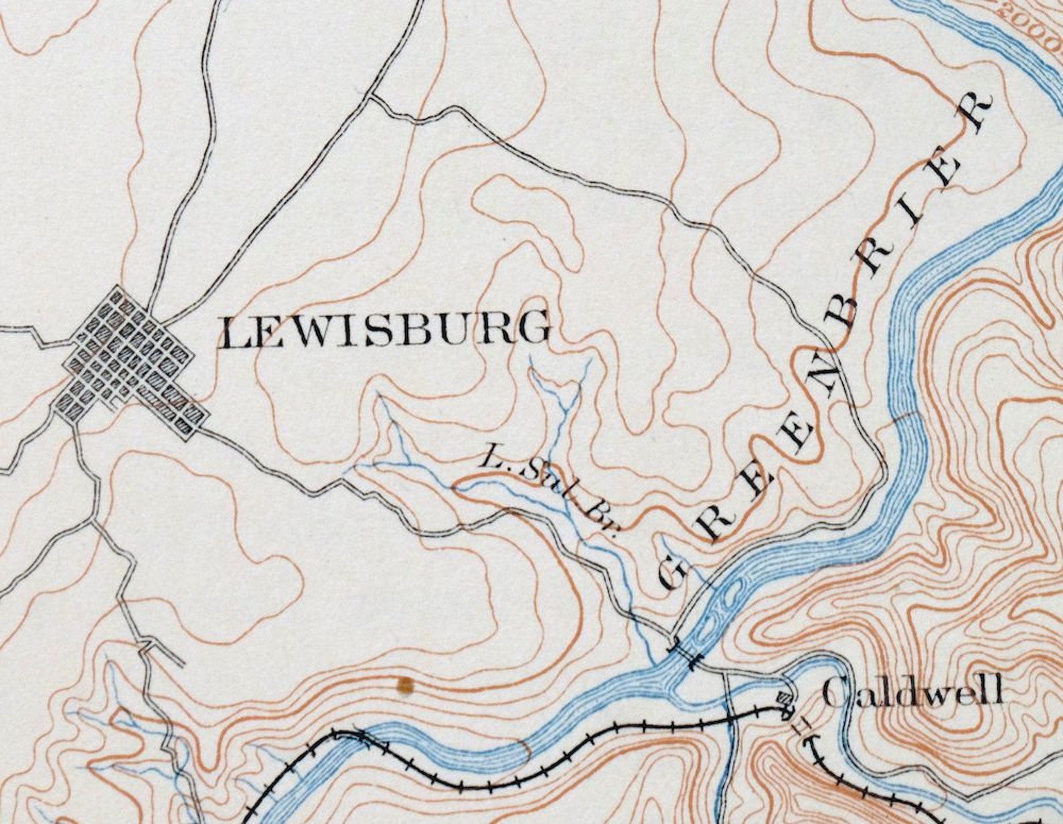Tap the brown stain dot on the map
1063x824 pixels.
(x=404, y=684)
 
